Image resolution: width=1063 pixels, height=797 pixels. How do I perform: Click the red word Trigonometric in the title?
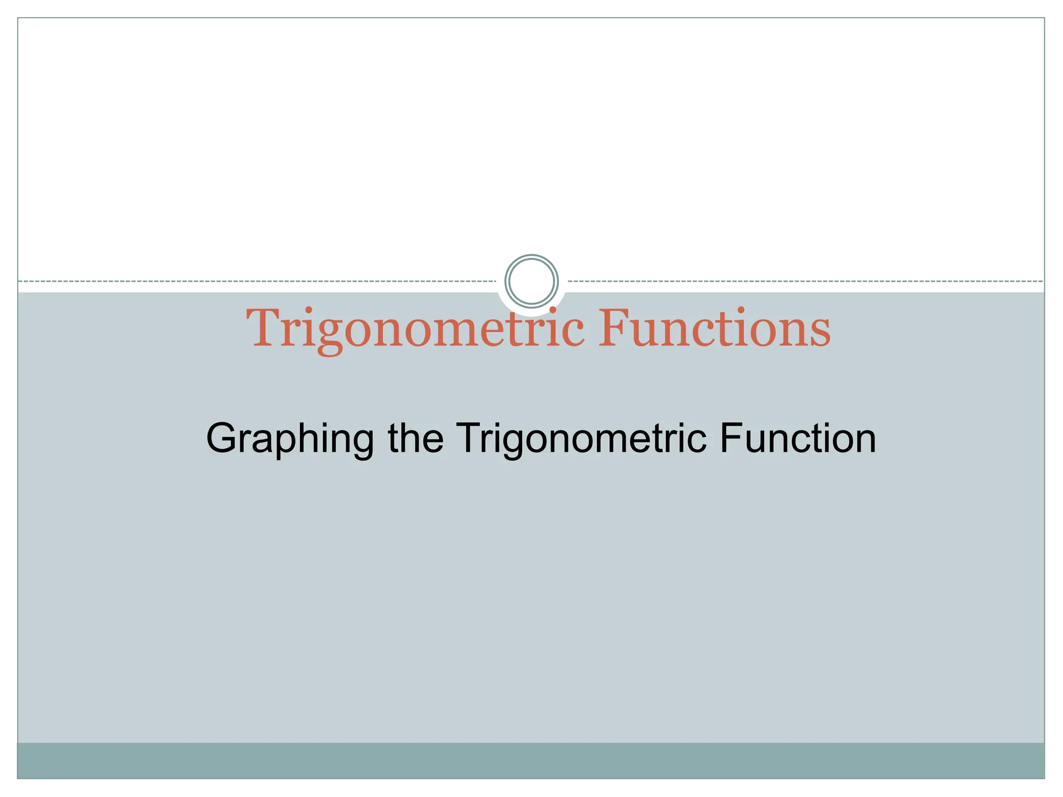coord(415,329)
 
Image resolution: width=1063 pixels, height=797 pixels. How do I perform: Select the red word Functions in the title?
coord(714,329)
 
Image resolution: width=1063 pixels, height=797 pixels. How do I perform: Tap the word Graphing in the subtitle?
coord(290,439)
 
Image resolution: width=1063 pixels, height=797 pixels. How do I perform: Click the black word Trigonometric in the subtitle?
coord(581,439)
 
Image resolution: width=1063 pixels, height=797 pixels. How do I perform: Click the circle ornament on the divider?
coord(531,281)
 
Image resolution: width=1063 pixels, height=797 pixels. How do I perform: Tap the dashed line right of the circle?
coord(805,281)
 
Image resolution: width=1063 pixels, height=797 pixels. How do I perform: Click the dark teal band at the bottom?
coord(531,760)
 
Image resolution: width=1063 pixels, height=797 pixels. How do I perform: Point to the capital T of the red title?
coord(264,328)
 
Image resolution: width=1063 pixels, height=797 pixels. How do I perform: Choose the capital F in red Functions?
coord(616,328)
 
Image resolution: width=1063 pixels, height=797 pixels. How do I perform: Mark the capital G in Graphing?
coord(222,438)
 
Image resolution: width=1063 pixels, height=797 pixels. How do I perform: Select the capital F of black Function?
coord(730,438)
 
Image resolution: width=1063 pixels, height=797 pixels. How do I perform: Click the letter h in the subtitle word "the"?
coord(411,438)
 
